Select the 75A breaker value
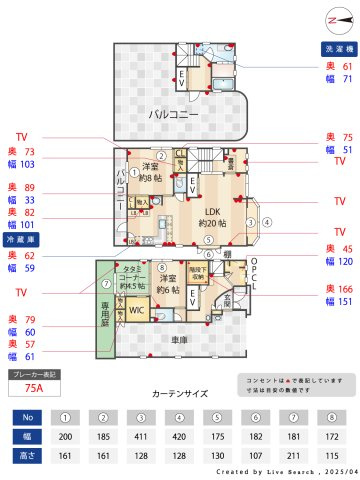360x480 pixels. click(x=33, y=387)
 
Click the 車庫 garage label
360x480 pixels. click(x=179, y=341)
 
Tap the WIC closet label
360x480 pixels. click(x=137, y=310)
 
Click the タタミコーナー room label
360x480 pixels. click(x=133, y=276)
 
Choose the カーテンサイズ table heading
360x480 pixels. click(x=180, y=394)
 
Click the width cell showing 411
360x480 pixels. click(x=141, y=436)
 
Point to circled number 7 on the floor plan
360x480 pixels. click(x=104, y=282)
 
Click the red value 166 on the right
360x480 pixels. click(x=347, y=288)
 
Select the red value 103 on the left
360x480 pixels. click(x=28, y=164)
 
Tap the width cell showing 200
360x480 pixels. click(x=65, y=436)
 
